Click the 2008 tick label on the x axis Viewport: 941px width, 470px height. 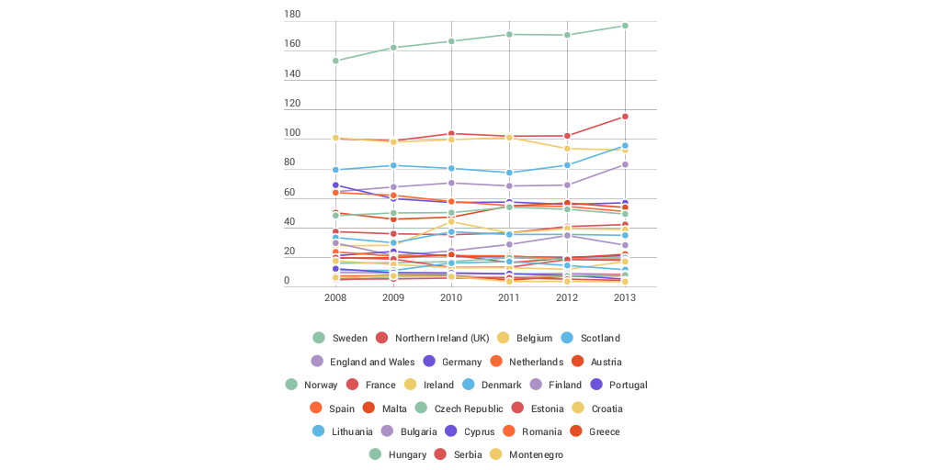(x=335, y=298)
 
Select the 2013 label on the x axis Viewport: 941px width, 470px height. (x=625, y=298)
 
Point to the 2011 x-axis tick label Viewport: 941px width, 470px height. (x=509, y=298)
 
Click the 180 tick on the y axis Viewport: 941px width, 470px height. (x=292, y=15)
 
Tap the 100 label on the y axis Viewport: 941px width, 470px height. (x=292, y=133)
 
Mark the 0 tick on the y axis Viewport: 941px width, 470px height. (x=287, y=281)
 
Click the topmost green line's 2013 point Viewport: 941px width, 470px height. (x=625, y=26)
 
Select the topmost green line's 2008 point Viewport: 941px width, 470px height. (x=335, y=61)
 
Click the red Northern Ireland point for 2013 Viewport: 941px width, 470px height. (x=625, y=117)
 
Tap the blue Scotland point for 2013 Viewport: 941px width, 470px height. (x=625, y=146)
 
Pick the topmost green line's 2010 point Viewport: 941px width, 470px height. (x=451, y=41)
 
